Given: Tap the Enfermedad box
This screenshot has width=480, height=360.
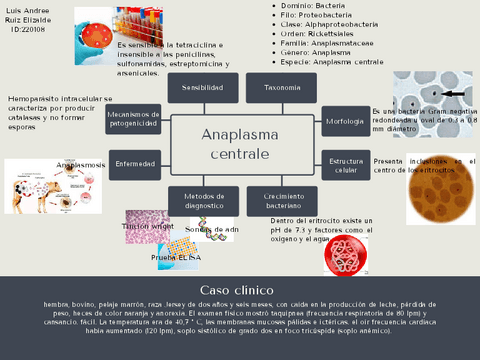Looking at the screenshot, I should tap(134, 162).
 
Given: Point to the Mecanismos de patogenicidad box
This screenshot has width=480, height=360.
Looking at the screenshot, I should tap(134, 121).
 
